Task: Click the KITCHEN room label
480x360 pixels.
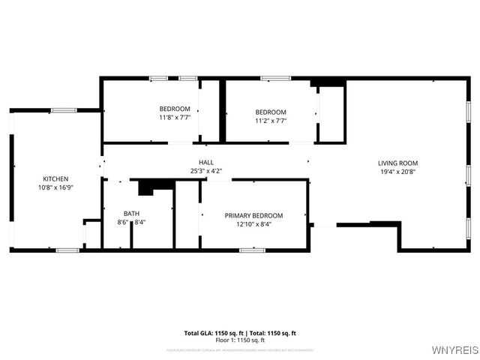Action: (x=55, y=178)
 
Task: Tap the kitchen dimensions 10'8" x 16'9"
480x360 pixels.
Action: (x=55, y=188)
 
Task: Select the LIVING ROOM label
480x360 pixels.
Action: (x=397, y=163)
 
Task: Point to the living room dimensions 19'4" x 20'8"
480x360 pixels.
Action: (x=397, y=172)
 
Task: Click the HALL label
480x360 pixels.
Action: (x=205, y=162)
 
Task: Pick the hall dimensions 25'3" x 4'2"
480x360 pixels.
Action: (x=205, y=171)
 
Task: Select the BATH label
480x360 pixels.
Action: (x=131, y=214)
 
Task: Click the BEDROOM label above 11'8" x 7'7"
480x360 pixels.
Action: (x=175, y=109)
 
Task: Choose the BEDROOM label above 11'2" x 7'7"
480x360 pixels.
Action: (x=271, y=112)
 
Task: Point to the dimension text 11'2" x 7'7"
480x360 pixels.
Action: (x=271, y=121)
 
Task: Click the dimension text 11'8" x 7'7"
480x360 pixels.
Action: (x=175, y=118)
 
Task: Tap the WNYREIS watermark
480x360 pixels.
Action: (x=451, y=349)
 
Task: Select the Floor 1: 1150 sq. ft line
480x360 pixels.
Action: (x=240, y=340)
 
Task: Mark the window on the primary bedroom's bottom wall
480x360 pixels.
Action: (x=253, y=250)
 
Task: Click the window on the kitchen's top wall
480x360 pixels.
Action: (x=64, y=110)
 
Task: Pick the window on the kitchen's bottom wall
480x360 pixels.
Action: (x=67, y=250)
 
